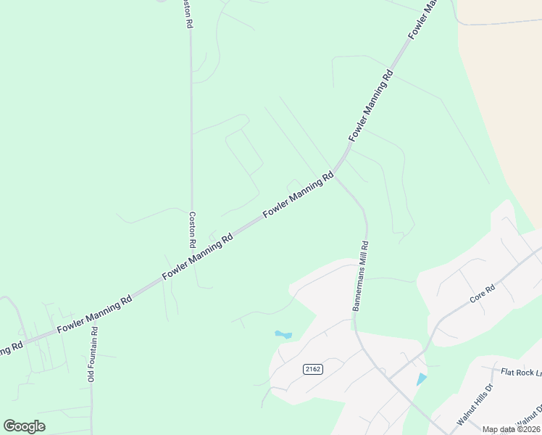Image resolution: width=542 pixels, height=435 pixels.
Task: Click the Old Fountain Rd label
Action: (91, 355)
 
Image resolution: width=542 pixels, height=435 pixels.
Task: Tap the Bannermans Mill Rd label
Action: (361, 276)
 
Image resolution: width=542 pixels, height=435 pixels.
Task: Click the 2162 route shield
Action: (312, 369)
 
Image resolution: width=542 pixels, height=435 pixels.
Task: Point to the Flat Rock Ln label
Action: (521, 372)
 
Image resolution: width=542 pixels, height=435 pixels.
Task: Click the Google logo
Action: (24, 426)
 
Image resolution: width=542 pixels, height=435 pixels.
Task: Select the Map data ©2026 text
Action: (511, 429)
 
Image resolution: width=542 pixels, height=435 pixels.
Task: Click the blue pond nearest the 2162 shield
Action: (283, 335)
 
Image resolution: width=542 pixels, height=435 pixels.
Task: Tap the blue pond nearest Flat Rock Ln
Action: (422, 379)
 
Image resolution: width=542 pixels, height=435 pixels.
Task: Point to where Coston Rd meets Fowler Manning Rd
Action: (192, 261)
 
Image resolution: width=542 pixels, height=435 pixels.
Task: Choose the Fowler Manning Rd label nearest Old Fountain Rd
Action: (94, 312)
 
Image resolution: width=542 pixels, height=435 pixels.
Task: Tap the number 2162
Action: (312, 369)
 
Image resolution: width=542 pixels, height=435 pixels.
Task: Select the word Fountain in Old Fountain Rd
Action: (91, 353)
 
